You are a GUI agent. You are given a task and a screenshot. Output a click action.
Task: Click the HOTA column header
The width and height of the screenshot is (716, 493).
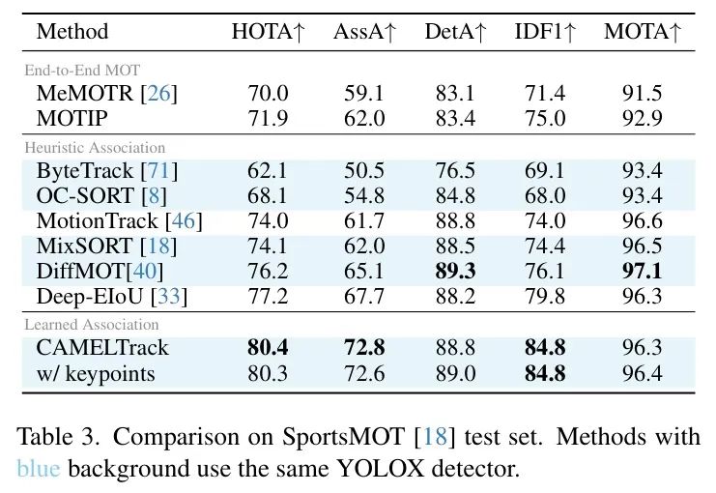[268, 32]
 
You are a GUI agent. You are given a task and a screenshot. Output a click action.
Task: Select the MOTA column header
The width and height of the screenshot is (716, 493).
[643, 32]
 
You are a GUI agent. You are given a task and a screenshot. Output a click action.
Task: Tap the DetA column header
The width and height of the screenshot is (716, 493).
[455, 32]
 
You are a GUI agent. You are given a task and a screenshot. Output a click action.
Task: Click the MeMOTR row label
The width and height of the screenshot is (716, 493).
[84, 93]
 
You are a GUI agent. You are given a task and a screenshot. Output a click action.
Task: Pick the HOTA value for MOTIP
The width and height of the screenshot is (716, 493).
[268, 118]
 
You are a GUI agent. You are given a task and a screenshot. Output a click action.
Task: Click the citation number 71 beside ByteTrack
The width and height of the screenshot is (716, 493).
[158, 171]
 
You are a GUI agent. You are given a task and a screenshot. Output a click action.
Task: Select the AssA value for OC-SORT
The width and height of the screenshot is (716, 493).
[364, 196]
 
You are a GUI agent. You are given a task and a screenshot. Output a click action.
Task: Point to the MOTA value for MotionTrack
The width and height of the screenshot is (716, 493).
[642, 221]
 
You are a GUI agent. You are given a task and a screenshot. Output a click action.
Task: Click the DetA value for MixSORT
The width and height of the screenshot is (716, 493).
[455, 246]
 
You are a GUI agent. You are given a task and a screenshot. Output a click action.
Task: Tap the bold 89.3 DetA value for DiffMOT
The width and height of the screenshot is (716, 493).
[455, 272]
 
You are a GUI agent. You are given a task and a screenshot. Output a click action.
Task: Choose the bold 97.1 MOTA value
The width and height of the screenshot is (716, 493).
[642, 272]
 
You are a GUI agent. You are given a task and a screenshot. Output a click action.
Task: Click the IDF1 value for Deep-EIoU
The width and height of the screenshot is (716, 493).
[545, 297]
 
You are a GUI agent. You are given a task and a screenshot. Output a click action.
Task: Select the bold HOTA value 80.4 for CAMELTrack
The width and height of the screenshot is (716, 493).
[268, 348]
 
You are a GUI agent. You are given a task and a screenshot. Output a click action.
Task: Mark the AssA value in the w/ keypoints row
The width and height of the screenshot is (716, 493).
[364, 374]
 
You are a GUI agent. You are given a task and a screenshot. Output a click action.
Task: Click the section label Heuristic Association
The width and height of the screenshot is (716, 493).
[95, 148]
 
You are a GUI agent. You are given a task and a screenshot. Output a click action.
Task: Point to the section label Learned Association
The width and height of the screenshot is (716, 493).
[92, 325]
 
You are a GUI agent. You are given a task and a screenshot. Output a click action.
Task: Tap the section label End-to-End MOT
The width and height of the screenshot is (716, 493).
[82, 70]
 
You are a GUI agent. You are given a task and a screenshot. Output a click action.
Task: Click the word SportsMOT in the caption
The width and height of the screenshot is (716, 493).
[343, 436]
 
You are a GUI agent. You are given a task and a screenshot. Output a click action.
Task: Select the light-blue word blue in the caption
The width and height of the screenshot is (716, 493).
[39, 469]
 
